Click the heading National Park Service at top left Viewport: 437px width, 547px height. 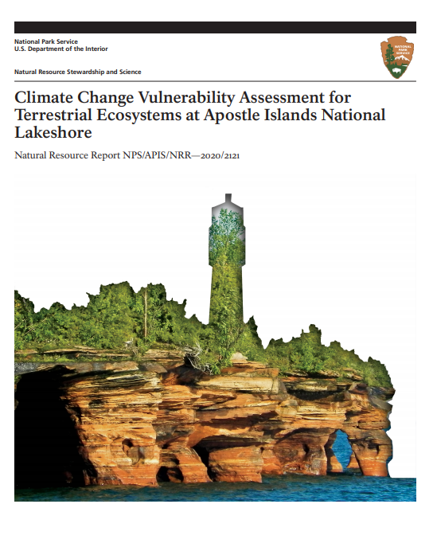pos(45,41)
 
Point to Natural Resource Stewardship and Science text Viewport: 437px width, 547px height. pos(78,72)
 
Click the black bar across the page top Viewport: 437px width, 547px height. pos(215,27)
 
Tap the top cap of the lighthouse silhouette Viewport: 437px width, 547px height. pos(228,198)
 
